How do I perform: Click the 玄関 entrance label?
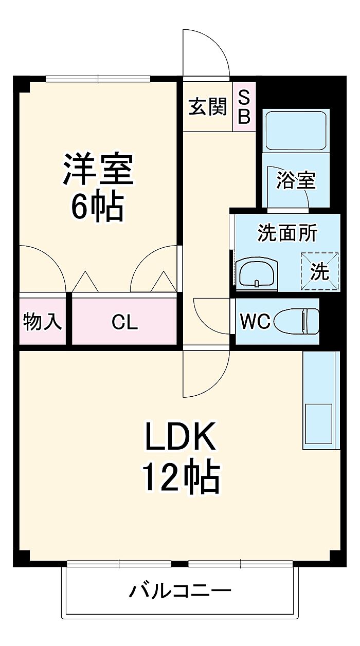pos(208,107)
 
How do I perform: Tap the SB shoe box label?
pos(244,107)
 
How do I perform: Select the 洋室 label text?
pos(98,169)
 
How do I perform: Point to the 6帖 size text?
pos(98,207)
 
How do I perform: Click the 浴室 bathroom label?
pos(295,180)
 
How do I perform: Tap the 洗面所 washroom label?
pos(287,234)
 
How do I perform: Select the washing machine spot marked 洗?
pos(319,271)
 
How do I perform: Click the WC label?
pos(255,322)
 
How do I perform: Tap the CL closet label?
pos(125,323)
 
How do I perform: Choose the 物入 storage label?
pos(43,323)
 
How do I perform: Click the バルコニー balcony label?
pos(179,591)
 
